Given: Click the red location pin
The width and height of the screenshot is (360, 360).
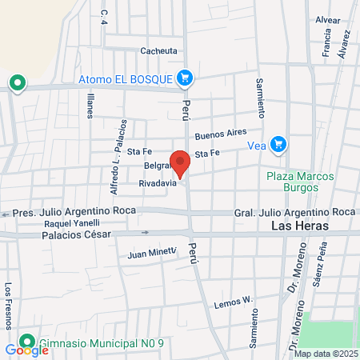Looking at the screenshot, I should pos(181,162).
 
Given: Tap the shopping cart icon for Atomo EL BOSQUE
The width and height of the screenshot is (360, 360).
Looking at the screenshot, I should pos(185,78).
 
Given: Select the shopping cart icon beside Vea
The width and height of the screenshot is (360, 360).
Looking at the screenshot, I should pos(278,144).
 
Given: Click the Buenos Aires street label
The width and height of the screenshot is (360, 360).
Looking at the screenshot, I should pos(228,134).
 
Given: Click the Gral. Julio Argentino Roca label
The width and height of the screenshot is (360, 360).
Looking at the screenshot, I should pos(294,211).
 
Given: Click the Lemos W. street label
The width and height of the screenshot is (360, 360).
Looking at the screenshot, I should pos(234,302).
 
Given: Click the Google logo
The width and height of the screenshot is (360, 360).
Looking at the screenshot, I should pos(26,350).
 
